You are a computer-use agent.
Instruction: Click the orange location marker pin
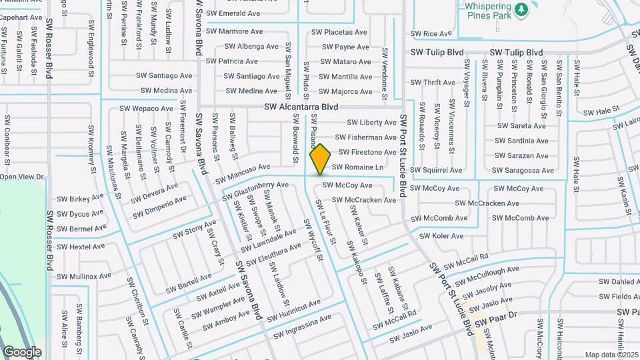point(320,159)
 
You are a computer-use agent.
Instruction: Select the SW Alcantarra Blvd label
point(301,107)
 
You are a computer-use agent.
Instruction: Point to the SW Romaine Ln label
point(357,167)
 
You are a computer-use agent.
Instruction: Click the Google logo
point(22,351)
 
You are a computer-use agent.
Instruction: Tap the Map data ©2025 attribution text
point(610,355)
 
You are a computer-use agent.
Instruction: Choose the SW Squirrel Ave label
point(437,171)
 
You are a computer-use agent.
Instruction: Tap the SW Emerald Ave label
point(233,13)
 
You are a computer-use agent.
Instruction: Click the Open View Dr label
point(21,177)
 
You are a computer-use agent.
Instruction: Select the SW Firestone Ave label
point(367,152)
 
